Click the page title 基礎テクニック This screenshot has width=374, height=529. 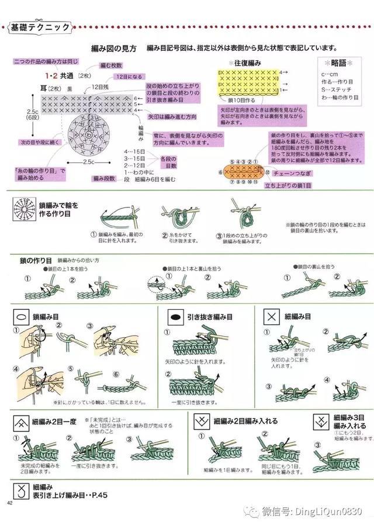click(x=40, y=27)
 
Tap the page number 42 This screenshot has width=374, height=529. click(x=10, y=503)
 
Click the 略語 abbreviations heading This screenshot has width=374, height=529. click(x=338, y=63)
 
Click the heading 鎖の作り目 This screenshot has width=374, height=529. click(x=36, y=260)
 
